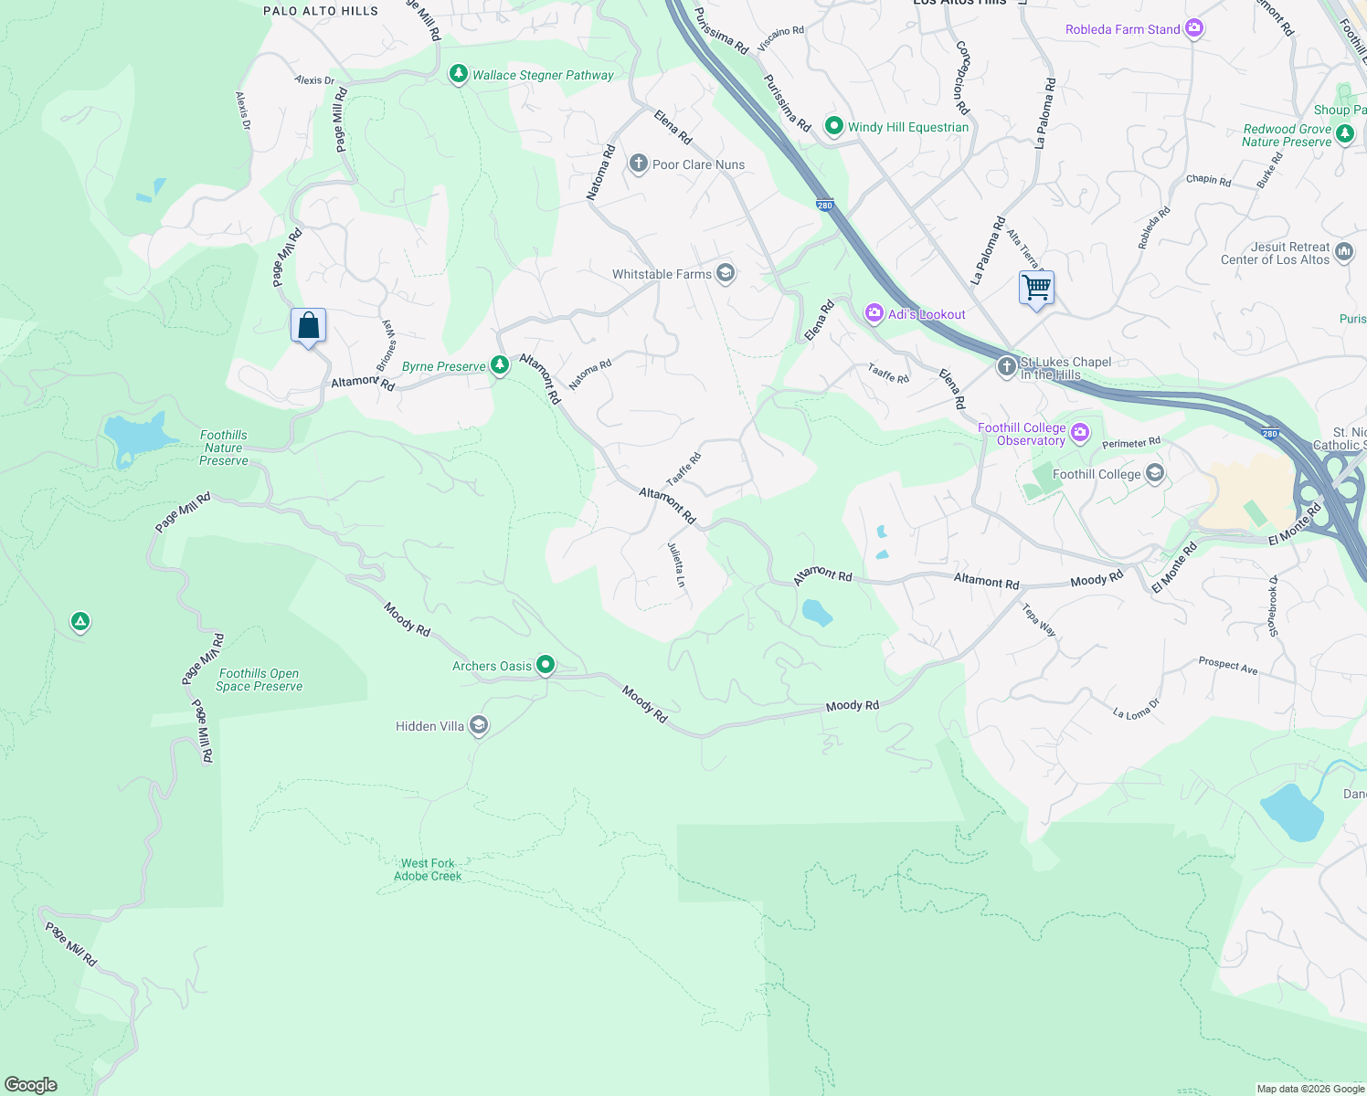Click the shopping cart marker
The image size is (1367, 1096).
(1036, 289)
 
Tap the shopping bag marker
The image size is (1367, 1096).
(308, 326)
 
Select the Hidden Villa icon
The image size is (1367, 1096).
(479, 726)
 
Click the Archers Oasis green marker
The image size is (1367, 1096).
(546, 665)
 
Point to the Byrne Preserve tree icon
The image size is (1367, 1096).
(499, 365)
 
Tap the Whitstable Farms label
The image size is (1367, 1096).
(662, 274)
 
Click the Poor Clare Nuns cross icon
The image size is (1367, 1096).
(639, 164)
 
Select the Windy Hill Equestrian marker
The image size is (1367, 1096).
(833, 126)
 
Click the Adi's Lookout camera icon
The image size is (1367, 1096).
(874, 314)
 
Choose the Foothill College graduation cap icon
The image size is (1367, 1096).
(1155, 473)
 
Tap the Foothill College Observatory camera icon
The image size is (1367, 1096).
(1080, 433)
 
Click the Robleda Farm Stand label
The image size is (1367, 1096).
(1122, 29)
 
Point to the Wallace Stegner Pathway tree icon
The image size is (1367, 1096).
(459, 74)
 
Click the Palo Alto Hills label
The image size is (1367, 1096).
(321, 11)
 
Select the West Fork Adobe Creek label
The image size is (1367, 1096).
(428, 869)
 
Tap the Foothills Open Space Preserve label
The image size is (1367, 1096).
(260, 680)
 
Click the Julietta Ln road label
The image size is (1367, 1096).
(676, 564)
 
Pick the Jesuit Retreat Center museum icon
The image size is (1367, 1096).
(1344, 252)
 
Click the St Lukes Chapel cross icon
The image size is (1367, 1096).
(1006, 367)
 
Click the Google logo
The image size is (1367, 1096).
(31, 1084)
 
